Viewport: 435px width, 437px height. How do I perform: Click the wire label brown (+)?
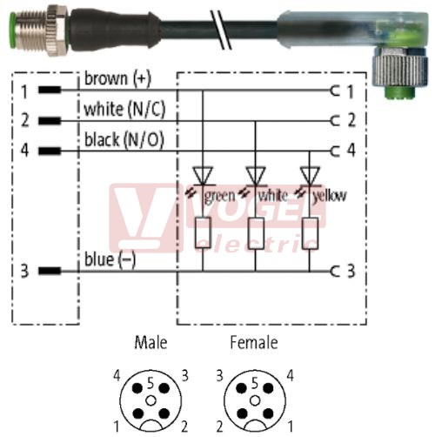tap(117, 78)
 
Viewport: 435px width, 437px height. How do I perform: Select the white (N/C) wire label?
tap(124, 110)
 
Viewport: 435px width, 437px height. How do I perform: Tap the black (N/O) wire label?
tap(124, 139)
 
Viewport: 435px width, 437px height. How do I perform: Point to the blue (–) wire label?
tap(110, 259)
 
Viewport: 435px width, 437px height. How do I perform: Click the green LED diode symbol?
tap(203, 176)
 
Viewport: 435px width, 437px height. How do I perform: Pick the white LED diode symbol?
tap(256, 176)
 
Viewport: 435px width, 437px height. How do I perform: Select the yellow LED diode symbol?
tap(310, 176)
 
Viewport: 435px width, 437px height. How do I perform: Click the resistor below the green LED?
tap(203, 232)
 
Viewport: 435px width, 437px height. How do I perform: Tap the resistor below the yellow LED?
tap(310, 233)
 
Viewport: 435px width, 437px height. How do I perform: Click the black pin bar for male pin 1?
tap(50, 90)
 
